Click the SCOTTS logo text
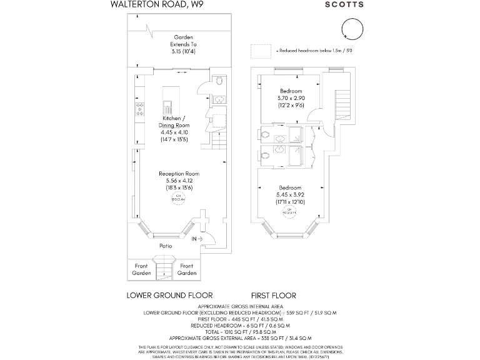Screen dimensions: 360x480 coord(344,4)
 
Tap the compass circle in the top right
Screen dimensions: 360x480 coord(351,29)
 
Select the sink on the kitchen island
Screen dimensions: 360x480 coord(167,106)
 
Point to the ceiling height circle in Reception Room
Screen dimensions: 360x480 coord(179,198)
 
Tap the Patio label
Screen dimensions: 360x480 coord(165,246)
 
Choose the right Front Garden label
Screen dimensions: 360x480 coord(187,269)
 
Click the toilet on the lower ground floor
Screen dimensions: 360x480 coord(218,81)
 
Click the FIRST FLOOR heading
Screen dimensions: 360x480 coord(273,295)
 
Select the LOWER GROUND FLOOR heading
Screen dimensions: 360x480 coord(169,295)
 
